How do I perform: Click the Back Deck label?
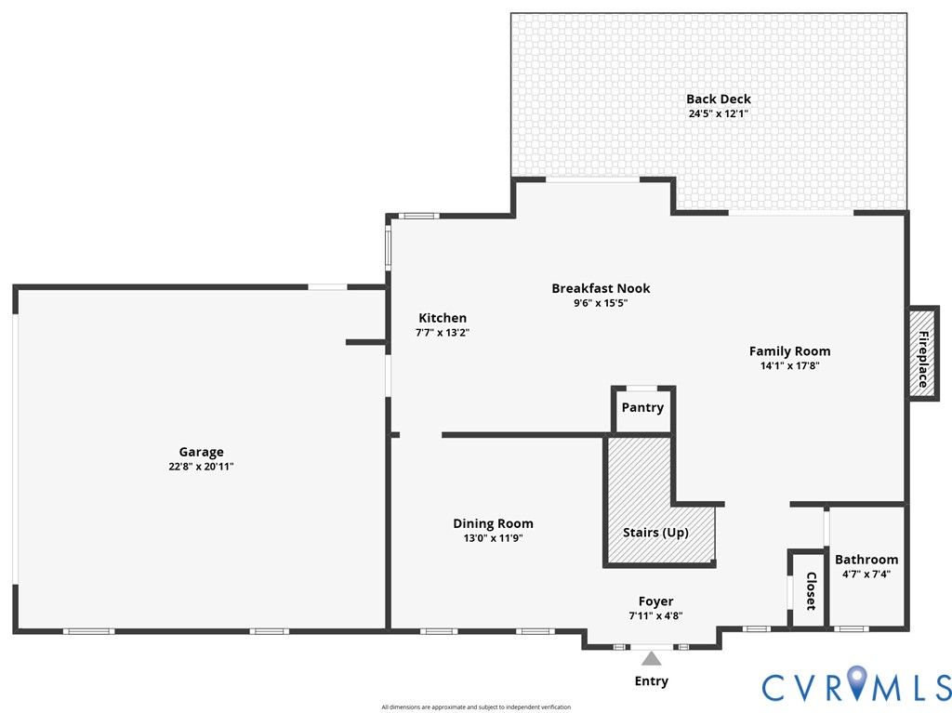pos(718,99)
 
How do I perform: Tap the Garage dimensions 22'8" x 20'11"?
pos(201,467)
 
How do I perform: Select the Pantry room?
pos(642,408)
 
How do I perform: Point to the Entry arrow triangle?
pos(652,659)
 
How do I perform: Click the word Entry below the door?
pos(651,681)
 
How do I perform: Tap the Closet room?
pos(809,590)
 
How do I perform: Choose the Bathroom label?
pos(866,560)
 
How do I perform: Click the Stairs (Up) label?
pos(655,533)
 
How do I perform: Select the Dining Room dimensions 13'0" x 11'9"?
pos(493,538)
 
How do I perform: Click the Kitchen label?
pos(442,318)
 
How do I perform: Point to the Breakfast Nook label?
pos(601,288)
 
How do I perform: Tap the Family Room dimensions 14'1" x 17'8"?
pos(789,365)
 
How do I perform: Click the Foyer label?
pos(655,601)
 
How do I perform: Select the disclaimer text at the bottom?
pos(476,707)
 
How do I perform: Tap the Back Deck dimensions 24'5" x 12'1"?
pos(718,113)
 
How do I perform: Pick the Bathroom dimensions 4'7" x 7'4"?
pos(866,574)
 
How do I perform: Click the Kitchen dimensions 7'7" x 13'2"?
pos(442,332)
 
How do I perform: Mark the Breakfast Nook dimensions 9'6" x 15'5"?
pos(601,302)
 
